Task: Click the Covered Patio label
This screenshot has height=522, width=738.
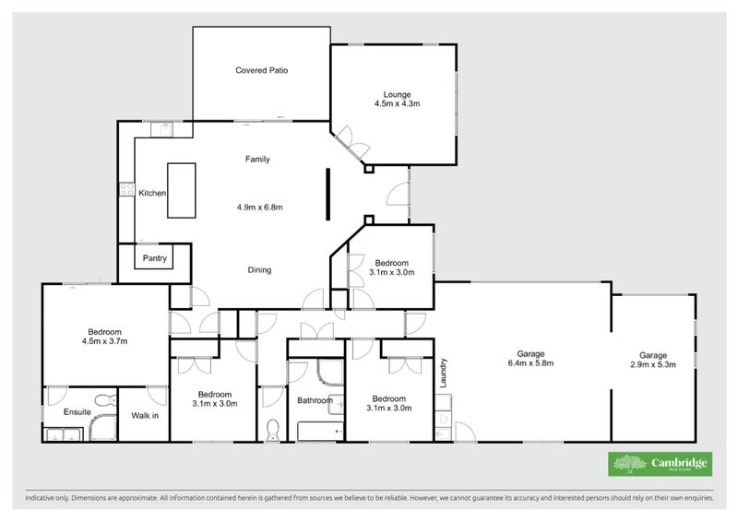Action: tap(261, 70)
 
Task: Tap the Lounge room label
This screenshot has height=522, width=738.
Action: tap(397, 94)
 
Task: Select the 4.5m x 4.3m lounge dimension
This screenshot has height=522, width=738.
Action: tap(397, 104)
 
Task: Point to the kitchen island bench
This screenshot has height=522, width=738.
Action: tap(181, 190)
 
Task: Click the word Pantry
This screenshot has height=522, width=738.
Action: tap(154, 259)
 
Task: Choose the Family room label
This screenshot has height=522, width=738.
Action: tap(257, 160)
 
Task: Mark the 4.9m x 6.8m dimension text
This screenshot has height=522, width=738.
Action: tap(259, 208)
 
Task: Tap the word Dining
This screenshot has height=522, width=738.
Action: tap(259, 270)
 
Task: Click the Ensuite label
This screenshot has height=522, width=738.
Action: tap(77, 412)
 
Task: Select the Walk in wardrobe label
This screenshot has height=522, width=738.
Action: tap(144, 416)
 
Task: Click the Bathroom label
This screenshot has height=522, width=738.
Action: tap(315, 400)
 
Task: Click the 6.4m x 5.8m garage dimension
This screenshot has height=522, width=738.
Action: tap(530, 364)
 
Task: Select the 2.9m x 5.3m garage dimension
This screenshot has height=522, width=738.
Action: tap(652, 365)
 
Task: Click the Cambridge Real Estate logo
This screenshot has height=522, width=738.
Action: tap(659, 464)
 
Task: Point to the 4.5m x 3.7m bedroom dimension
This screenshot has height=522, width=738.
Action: tap(104, 342)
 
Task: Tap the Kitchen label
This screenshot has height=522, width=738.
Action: tap(152, 194)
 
